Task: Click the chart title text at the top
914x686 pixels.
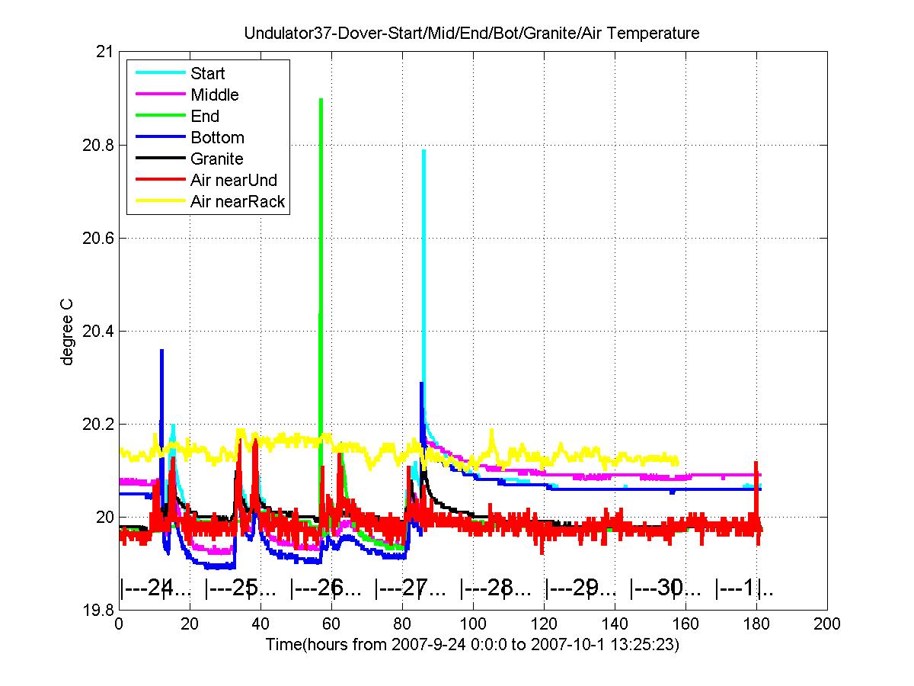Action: pos(471,33)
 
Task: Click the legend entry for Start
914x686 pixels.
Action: pos(207,73)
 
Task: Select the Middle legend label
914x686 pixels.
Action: pos(215,95)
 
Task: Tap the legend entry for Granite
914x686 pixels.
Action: pos(217,159)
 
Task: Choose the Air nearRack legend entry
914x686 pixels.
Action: pos(238,201)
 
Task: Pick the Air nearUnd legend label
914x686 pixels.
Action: pos(234,180)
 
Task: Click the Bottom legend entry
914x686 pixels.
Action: pos(217,137)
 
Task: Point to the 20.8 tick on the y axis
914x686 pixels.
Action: pos(97,146)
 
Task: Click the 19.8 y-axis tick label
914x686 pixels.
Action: pos(97,611)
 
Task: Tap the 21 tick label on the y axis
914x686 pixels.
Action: pos(104,52)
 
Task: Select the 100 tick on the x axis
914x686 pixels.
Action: pos(473,624)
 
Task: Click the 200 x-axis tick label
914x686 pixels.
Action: pos(827,624)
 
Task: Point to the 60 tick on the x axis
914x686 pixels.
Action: pos(331,624)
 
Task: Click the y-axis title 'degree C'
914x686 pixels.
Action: pos(66,332)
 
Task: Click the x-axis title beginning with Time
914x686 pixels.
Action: pos(472,644)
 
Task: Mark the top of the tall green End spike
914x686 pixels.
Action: pos(321,99)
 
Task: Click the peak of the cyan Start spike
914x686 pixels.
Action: pos(424,150)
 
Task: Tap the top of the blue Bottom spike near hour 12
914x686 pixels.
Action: pos(162,351)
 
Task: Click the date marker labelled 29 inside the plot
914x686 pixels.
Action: pos(580,588)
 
